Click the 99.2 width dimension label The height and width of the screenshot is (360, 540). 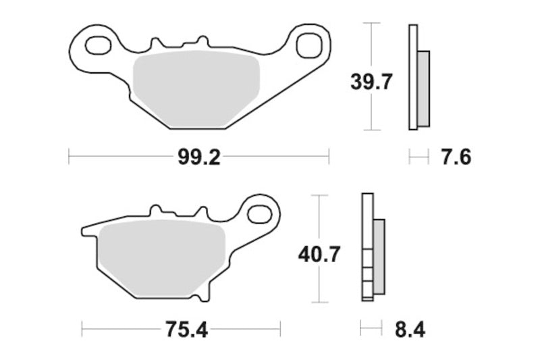[199, 158]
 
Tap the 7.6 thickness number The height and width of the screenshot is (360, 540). [456, 158]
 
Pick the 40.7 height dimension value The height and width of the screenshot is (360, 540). [319, 255]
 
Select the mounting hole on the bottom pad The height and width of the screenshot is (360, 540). [259, 214]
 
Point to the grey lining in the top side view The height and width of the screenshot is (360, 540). [423, 88]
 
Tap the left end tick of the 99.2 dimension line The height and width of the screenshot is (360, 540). [70, 158]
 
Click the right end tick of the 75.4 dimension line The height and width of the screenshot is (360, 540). [279, 330]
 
